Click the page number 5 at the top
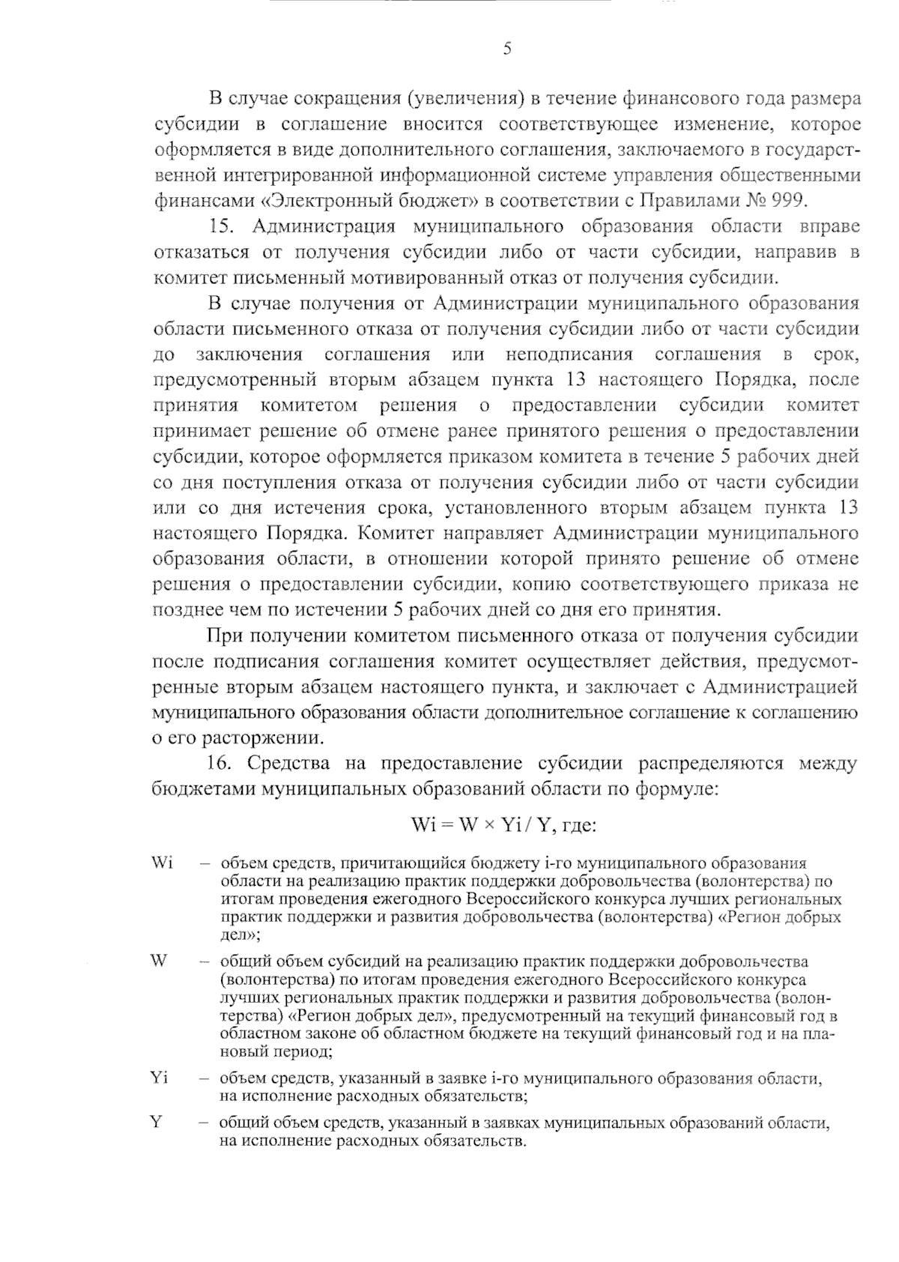pyautogui.click(x=506, y=50)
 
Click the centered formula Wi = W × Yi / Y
pyautogui.click(x=503, y=824)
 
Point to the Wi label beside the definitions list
pyautogui.click(x=162, y=863)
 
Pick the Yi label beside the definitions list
pyautogui.click(x=159, y=1078)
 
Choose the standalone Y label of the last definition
pyautogui.click(x=156, y=1122)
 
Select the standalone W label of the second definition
pyautogui.click(x=158, y=961)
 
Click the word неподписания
pyautogui.click(x=569, y=354)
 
